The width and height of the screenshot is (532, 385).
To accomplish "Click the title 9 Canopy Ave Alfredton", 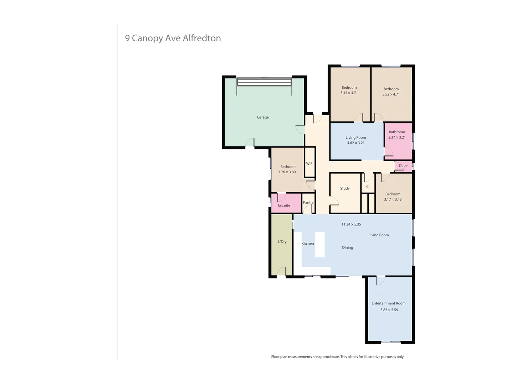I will (173, 38).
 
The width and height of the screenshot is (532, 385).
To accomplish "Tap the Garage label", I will (263, 117).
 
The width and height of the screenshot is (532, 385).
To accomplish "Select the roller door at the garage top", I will (264, 82).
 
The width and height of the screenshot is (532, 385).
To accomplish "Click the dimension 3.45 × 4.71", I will (349, 93).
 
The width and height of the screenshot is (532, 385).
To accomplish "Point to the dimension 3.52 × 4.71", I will (391, 94).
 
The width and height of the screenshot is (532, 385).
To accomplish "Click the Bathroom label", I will (397, 132).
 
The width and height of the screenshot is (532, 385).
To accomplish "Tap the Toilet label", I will (403, 166).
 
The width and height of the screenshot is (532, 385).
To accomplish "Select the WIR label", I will (309, 164).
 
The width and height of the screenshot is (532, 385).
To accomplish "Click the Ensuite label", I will (284, 205).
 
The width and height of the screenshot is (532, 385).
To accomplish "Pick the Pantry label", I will (308, 202).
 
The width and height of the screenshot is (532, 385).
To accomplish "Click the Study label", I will (345, 188).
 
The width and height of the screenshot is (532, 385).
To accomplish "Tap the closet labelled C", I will (367, 186).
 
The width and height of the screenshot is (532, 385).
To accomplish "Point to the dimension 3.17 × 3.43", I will (393, 199).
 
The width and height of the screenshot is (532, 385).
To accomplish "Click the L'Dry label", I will (282, 242).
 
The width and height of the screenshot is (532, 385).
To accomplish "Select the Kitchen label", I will (308, 243).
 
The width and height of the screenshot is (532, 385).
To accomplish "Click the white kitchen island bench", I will (320, 245).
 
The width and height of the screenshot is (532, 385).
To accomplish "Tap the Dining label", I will (347, 247).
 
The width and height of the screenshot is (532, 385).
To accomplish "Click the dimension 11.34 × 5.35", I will (351, 224).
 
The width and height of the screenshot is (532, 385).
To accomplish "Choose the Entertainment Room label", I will (388, 303).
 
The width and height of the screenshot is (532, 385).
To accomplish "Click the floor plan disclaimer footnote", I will (337, 356).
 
